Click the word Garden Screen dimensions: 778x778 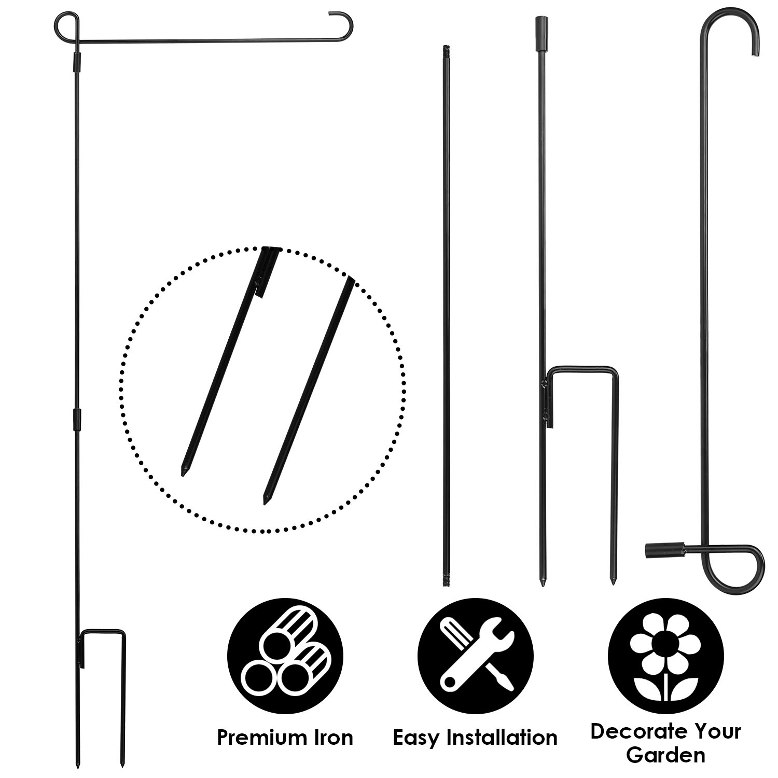pos(665,755)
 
